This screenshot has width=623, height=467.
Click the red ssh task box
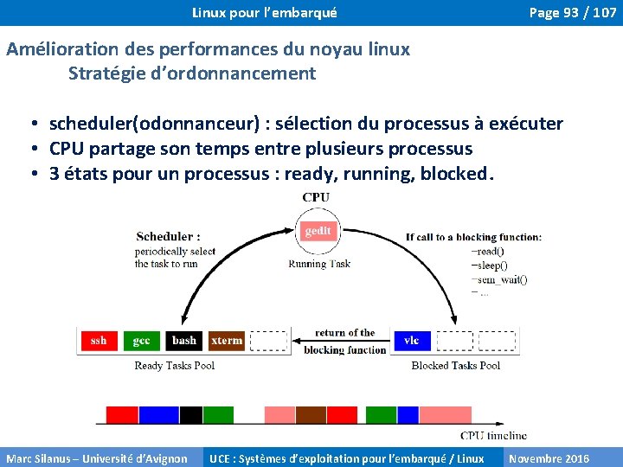click(x=99, y=341)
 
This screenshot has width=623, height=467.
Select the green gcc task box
click(x=142, y=341)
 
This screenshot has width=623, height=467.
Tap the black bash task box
click(x=184, y=341)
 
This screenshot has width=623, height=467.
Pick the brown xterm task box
click(x=227, y=341)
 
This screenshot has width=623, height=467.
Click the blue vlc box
click(x=412, y=341)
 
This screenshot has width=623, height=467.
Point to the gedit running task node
click(x=318, y=232)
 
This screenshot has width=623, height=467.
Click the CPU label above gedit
click(x=316, y=197)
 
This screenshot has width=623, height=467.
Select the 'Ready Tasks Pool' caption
click(x=175, y=366)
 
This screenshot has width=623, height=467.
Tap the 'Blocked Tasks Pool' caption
click(x=456, y=366)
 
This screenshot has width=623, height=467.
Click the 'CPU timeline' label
click(x=493, y=435)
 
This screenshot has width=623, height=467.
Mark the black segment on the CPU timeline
click(x=191, y=414)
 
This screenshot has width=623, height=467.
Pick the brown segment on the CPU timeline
click(x=311, y=414)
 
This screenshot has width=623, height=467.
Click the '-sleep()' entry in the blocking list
click(x=490, y=265)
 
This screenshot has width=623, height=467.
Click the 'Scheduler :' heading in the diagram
click(x=169, y=236)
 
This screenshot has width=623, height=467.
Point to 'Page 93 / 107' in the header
click(x=573, y=13)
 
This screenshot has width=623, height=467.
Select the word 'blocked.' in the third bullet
click(x=457, y=174)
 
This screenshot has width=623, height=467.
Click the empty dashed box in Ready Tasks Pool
click(x=268, y=341)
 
